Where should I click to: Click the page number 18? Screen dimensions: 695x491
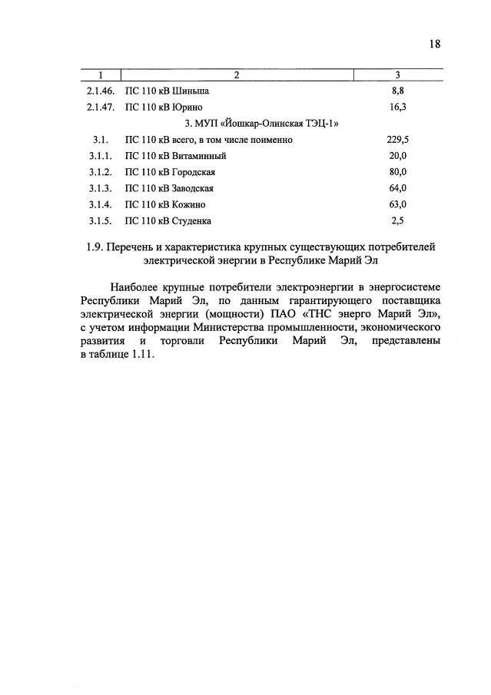[435, 45]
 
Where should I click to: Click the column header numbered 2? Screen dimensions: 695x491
[237, 75]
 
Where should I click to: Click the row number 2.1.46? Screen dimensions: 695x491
[101, 91]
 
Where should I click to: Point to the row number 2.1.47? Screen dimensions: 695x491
[101, 108]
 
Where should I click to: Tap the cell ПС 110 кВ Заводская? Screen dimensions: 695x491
[170, 188]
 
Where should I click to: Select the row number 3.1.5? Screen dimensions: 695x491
[101, 221]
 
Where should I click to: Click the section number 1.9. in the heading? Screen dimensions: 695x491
[94, 247]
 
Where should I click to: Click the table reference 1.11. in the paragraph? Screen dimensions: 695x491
[141, 356]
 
